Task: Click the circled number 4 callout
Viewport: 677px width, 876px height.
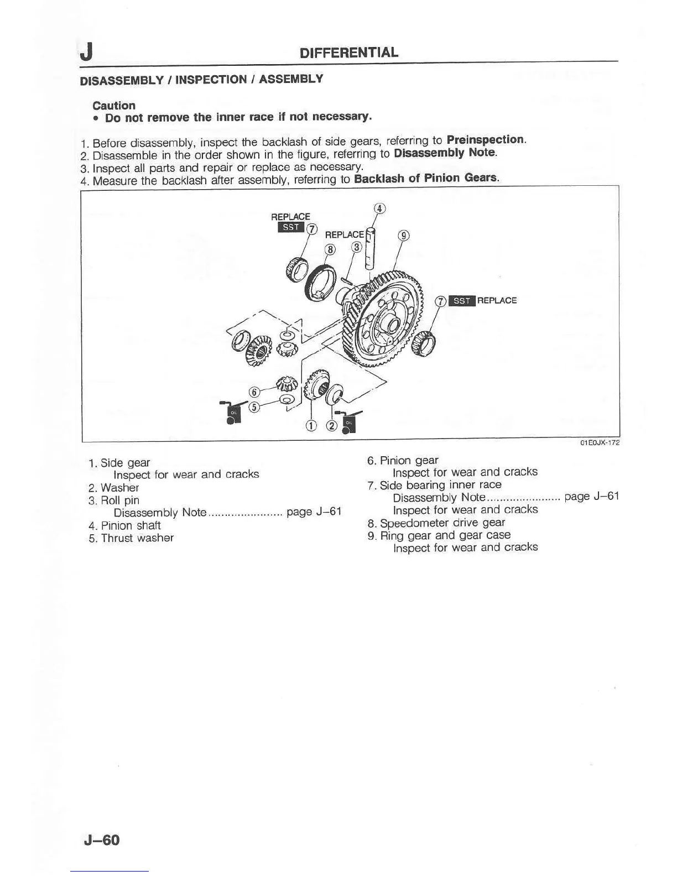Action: click(379, 208)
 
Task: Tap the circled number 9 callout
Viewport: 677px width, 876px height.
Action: click(404, 236)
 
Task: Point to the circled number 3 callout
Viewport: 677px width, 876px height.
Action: click(357, 247)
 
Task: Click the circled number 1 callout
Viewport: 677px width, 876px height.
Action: click(311, 425)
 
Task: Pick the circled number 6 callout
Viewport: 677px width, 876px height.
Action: click(254, 392)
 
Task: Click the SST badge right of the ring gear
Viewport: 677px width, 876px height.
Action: click(461, 301)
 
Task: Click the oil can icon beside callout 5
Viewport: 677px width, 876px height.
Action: click(231, 411)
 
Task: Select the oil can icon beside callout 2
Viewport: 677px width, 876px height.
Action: click(347, 423)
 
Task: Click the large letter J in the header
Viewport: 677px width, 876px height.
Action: click(86, 53)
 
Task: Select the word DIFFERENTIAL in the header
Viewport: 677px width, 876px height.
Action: click(348, 53)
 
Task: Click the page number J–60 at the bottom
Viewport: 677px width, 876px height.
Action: click(102, 840)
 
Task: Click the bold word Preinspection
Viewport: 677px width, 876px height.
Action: click(485, 139)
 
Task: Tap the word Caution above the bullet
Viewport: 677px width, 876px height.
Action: click(114, 105)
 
